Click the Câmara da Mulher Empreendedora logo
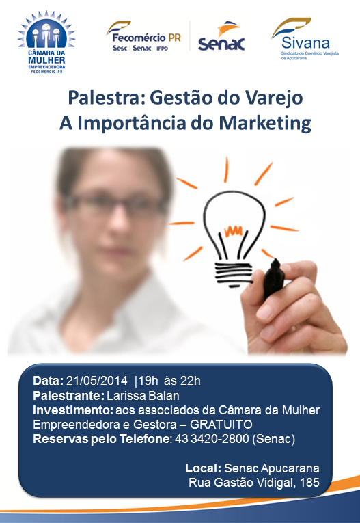46,42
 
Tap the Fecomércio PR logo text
146,38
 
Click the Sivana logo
305,39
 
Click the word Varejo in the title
274,98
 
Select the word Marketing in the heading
265,124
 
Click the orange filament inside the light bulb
233,231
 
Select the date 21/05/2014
97,381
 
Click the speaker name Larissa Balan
143,396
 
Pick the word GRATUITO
221,425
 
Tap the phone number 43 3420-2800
212,439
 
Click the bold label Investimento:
73,410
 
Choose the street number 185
309,482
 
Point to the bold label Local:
204,468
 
